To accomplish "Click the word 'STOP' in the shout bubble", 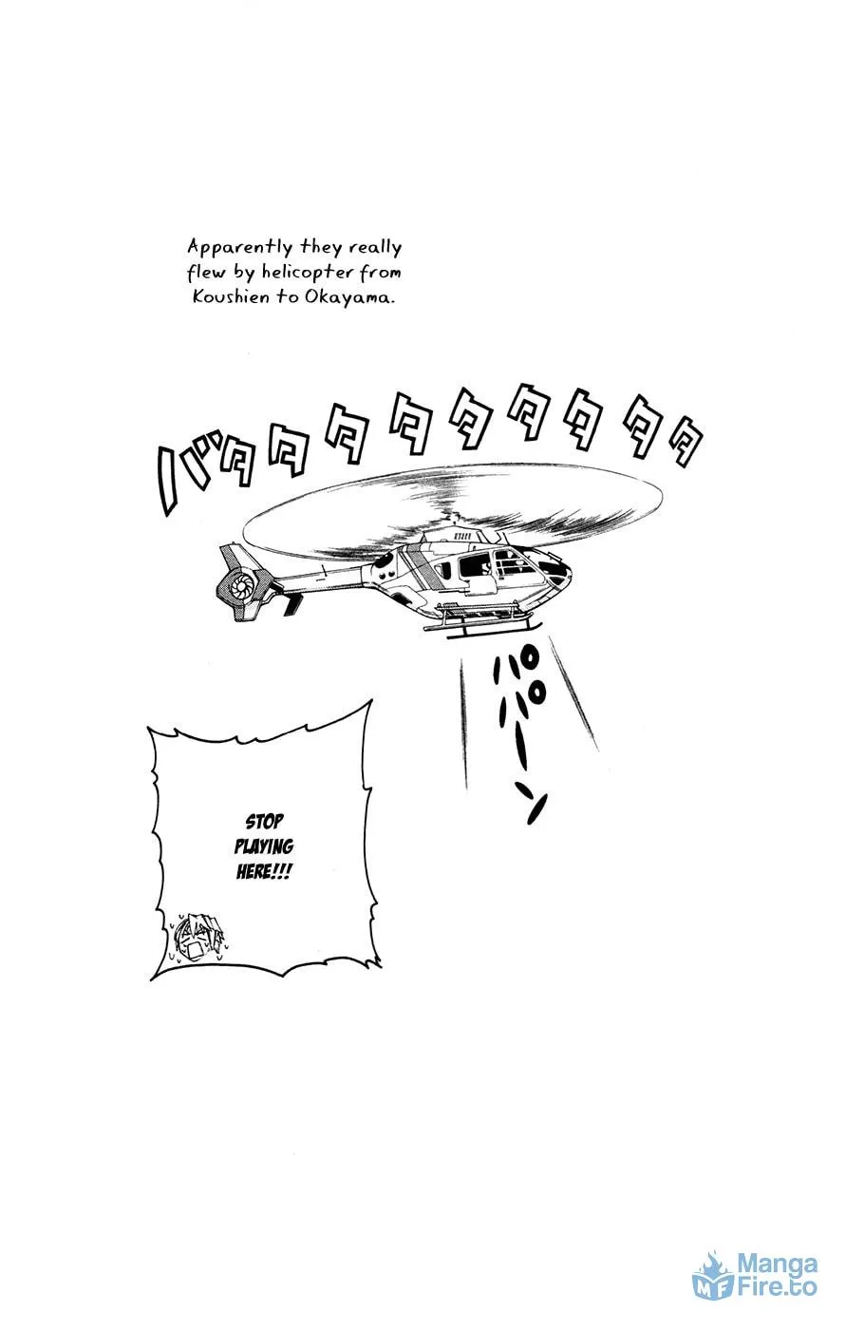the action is [x=265, y=822].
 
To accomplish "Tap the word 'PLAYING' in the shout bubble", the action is [x=264, y=846].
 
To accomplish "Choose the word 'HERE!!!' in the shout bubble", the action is [x=264, y=872].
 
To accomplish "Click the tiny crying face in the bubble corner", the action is [x=197, y=939].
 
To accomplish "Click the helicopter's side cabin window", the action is [x=475, y=569].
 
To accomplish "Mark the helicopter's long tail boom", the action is [x=320, y=576].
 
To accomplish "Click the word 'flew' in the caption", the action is [x=206, y=273].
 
